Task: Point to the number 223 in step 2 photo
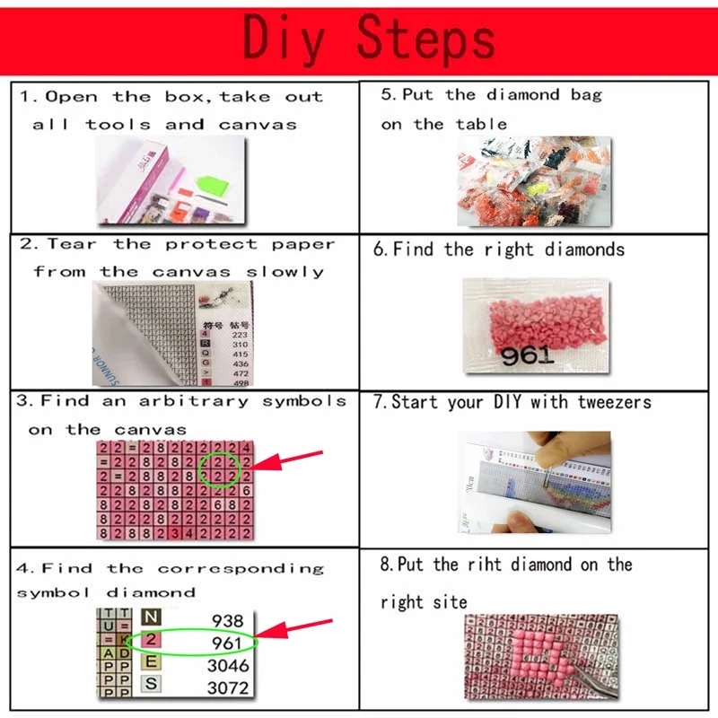coord(239,335)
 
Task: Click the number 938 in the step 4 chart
coord(226,620)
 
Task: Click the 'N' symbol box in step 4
coord(152,618)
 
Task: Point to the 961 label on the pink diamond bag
coord(528,355)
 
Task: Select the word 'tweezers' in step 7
coord(612,402)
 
